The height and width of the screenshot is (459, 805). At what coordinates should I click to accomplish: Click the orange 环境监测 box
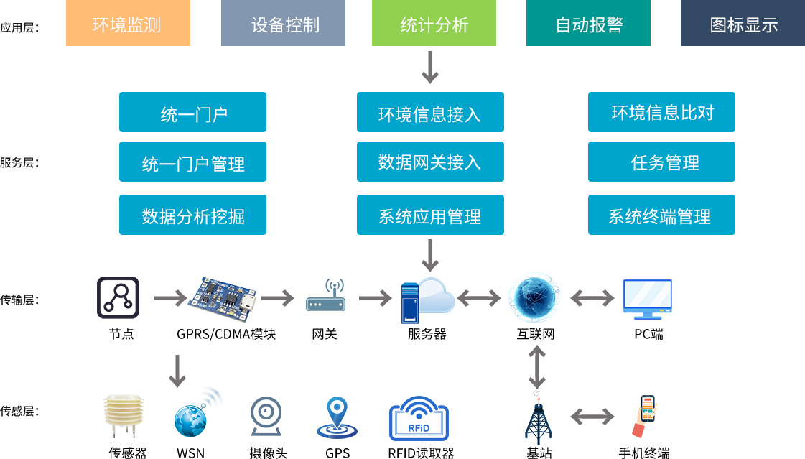click(x=128, y=24)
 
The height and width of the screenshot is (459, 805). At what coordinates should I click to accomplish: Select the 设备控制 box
click(x=283, y=24)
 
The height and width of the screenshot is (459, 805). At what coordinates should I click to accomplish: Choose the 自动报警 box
click(x=588, y=24)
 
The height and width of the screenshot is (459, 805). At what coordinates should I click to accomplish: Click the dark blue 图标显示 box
click(x=742, y=24)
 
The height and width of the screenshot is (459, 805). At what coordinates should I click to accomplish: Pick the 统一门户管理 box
click(x=192, y=162)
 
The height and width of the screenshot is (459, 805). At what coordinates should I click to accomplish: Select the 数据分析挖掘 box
click(x=192, y=215)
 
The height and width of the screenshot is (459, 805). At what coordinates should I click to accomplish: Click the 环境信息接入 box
click(x=429, y=112)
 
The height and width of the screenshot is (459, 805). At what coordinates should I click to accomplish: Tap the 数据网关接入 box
click(x=429, y=162)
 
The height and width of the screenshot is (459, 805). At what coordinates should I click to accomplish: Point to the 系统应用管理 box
click(x=429, y=215)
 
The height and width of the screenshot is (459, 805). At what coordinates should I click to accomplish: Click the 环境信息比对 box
click(x=661, y=112)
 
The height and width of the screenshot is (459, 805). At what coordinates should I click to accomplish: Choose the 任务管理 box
click(x=661, y=162)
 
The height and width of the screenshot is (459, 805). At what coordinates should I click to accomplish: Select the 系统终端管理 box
click(x=661, y=215)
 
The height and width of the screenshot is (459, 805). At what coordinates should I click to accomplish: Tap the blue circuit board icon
click(x=222, y=299)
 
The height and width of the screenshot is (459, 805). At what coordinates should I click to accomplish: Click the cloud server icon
click(x=427, y=300)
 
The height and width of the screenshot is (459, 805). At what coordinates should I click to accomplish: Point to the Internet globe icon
click(x=534, y=297)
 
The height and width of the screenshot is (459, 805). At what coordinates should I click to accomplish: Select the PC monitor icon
click(x=647, y=300)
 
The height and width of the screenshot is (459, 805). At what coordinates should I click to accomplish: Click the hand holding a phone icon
click(x=644, y=417)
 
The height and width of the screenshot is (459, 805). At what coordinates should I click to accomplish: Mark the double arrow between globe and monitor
click(x=592, y=297)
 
